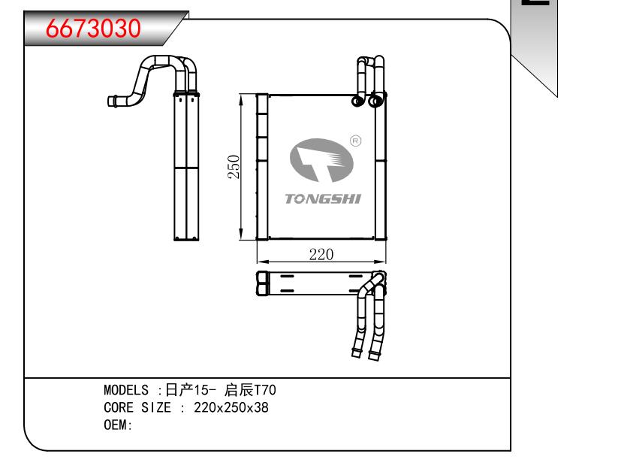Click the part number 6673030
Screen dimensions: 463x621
(94, 28)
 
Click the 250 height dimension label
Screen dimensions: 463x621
(234, 167)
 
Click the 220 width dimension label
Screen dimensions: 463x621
(321, 254)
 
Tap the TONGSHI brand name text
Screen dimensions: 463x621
(323, 199)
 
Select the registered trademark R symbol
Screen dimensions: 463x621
(356, 141)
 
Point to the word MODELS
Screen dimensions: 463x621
(128, 391)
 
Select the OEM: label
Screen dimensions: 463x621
(118, 425)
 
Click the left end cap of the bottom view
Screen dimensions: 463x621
(261, 283)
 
